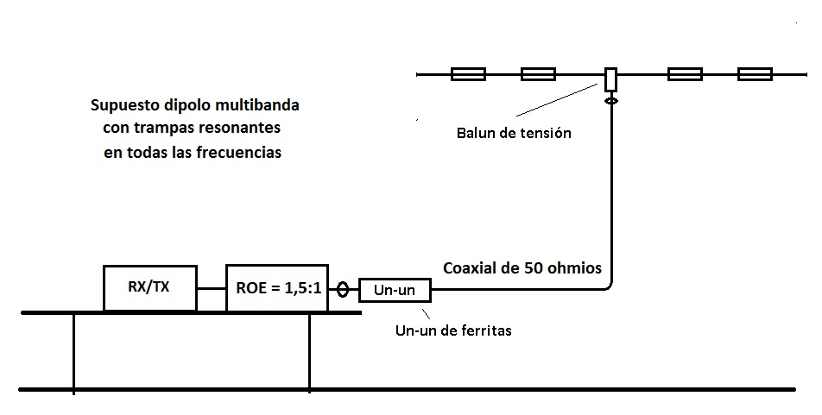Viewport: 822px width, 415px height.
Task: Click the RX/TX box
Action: coord(150,287)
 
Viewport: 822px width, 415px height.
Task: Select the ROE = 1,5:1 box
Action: coord(278,287)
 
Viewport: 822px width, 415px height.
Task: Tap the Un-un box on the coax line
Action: coord(394,291)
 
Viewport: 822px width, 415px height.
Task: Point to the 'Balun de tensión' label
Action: coord(514,134)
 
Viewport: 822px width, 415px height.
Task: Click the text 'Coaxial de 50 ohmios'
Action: coord(522,267)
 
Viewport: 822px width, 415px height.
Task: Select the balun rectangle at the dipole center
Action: coord(610,79)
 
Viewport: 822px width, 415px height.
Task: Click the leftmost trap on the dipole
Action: coord(468,75)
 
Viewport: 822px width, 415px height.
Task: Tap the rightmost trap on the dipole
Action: coord(755,75)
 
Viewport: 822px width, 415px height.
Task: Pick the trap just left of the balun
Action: coord(538,75)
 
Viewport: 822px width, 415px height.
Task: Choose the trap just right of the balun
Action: coord(685,75)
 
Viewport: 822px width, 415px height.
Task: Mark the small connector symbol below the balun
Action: coord(610,101)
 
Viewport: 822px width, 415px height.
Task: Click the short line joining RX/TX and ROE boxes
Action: coord(212,288)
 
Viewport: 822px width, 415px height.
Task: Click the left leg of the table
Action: coord(74,351)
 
